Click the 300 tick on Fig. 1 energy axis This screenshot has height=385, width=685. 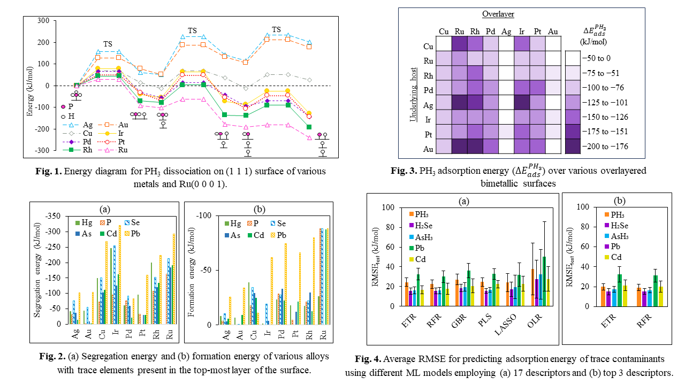(x=42, y=21)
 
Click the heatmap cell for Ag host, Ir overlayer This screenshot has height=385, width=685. (x=521, y=103)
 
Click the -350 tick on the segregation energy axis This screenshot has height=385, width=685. (x=56, y=216)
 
